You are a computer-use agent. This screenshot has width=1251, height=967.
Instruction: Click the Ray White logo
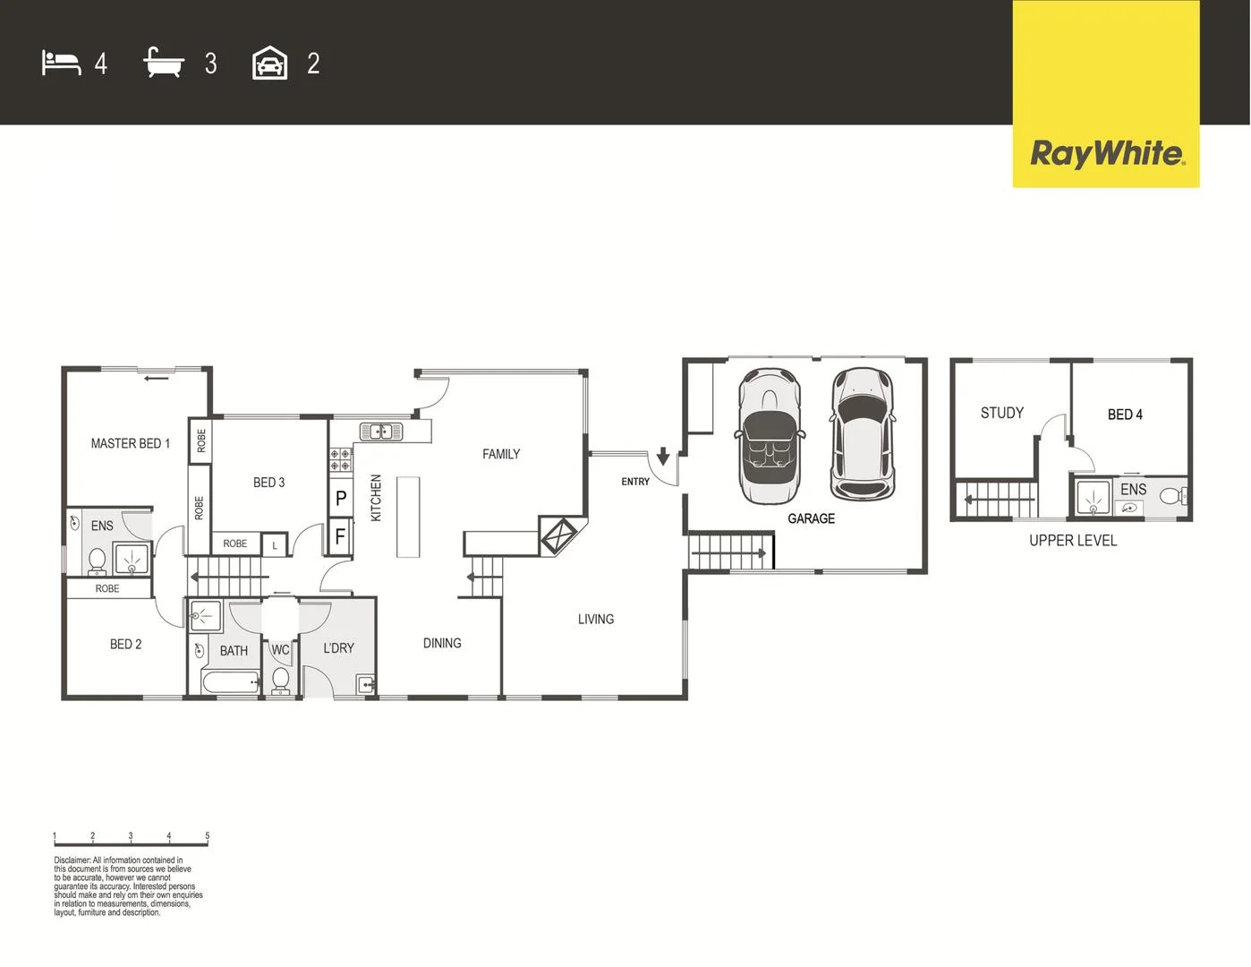1106,153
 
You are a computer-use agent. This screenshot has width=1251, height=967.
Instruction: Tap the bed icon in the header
61,64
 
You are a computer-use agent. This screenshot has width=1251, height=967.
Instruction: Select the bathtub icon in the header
163,64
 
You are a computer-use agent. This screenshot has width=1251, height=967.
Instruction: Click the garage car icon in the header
269,64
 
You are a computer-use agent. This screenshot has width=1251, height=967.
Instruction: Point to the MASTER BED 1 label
130,443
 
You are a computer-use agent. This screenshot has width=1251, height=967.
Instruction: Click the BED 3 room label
268,483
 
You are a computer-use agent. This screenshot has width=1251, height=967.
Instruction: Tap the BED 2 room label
125,644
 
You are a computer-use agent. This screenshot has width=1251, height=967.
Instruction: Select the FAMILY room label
500,454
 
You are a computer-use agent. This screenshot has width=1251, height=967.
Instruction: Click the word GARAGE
811,518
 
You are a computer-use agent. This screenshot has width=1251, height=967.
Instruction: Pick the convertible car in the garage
770,436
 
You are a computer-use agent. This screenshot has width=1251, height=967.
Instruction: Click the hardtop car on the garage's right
862,432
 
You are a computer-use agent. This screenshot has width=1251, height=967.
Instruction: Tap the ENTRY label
635,482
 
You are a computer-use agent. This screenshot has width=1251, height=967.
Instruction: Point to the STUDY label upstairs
1001,413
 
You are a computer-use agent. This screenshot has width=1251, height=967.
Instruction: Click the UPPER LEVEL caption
1072,540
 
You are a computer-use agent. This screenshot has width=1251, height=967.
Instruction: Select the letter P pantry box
341,499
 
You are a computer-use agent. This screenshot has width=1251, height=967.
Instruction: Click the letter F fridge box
340,536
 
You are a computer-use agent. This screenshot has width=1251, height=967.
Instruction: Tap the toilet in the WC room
281,680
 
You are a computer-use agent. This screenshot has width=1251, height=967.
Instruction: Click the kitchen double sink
381,432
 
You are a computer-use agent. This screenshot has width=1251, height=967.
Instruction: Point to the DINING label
442,643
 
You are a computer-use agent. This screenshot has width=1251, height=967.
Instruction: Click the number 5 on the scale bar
207,836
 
